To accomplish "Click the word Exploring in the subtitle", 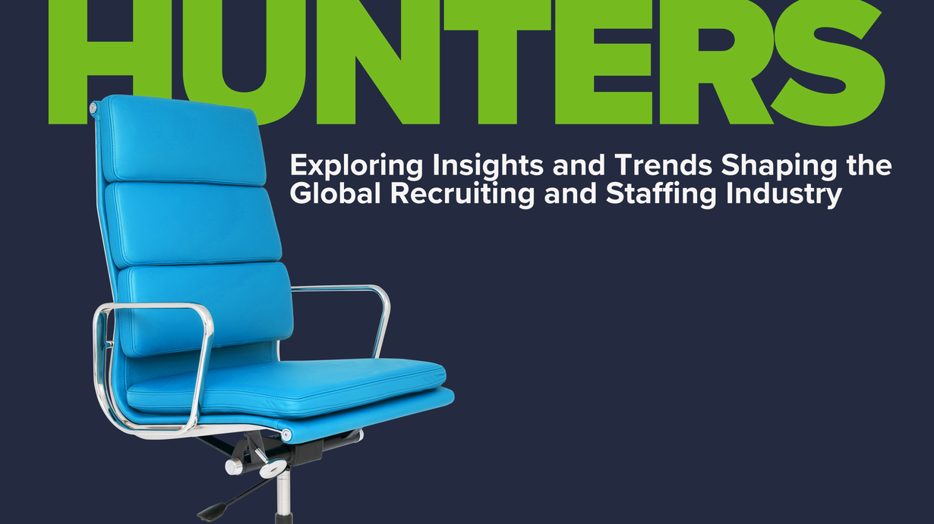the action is coord(356,166).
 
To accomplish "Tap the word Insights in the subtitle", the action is coord(488,166).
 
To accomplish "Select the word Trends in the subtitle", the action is coord(664,165).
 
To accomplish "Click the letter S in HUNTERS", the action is coord(830,63).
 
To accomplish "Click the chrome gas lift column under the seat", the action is coord(283,496).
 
